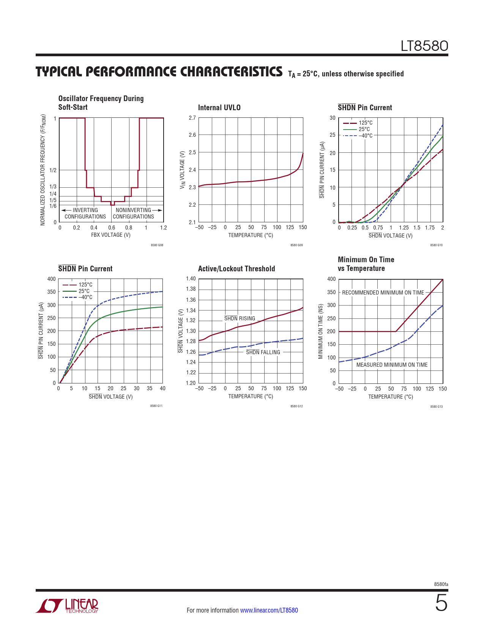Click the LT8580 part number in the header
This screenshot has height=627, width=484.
pos(424,46)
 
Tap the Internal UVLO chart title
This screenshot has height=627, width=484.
pos(219,108)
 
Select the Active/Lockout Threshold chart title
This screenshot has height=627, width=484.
pos(236,269)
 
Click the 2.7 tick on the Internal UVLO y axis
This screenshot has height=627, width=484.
pos(192,118)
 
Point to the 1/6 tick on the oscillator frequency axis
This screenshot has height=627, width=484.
pos(53,206)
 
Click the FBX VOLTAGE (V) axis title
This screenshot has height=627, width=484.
pos(111,235)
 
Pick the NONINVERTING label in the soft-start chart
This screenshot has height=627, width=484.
pos(133,210)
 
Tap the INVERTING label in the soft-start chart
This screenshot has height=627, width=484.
pos(85,210)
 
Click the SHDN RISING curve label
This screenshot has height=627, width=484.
pos(240,318)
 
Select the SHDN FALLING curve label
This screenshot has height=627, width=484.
pos(263,352)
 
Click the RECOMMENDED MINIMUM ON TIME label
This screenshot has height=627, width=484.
pos(383,293)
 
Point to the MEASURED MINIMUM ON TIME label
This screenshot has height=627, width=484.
pos(392,365)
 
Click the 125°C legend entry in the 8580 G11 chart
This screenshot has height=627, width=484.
pos(85,285)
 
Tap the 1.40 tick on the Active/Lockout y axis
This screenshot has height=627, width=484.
pos(191,279)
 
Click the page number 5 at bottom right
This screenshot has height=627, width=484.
pos(441,603)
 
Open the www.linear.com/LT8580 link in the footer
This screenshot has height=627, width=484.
pos(269,610)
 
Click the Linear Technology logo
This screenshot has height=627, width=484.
pos(67,606)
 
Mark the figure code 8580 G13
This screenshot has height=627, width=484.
pos(436,407)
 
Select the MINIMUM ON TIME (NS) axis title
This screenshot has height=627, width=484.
pos(320,331)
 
